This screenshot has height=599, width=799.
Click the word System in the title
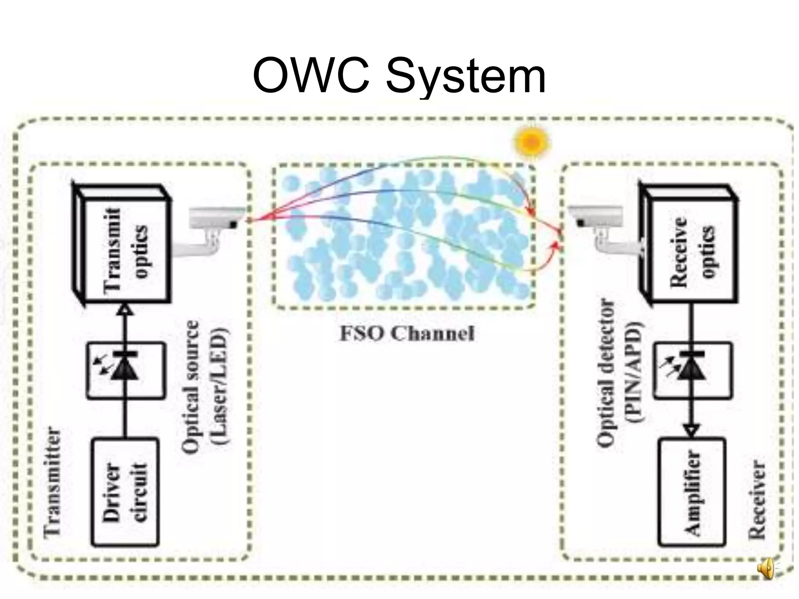pyautogui.click(x=465, y=78)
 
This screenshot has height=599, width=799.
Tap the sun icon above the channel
pyautogui.click(x=532, y=142)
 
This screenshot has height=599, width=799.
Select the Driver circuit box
pyautogui.click(x=125, y=492)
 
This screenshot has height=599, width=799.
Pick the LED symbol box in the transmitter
pyautogui.click(x=125, y=370)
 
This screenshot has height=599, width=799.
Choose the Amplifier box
pyautogui.click(x=692, y=492)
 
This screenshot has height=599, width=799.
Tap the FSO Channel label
pyautogui.click(x=407, y=334)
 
